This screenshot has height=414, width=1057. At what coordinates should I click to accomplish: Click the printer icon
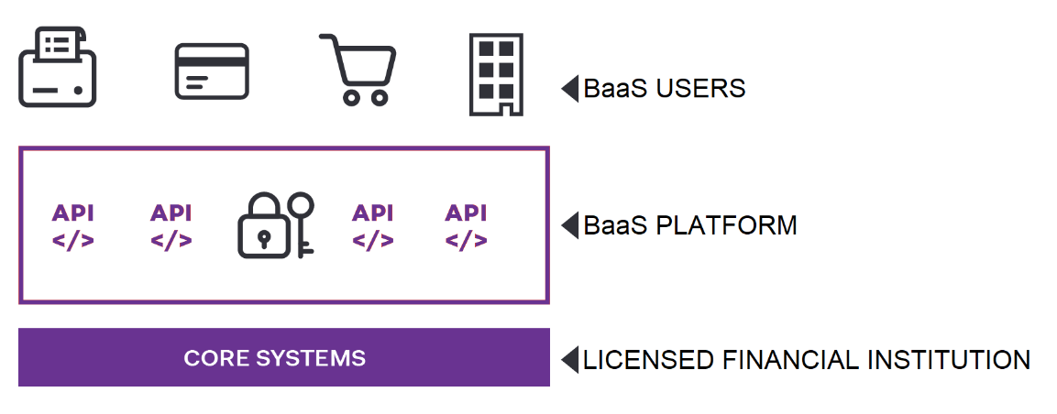pyautogui.click(x=58, y=67)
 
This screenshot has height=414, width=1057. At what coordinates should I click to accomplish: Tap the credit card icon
pyautogui.click(x=212, y=71)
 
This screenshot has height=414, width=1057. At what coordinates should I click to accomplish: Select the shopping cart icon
pyautogui.click(x=358, y=70)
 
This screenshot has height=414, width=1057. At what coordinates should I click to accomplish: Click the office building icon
pyautogui.click(x=496, y=75)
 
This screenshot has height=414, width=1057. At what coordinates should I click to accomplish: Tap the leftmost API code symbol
pyautogui.click(x=72, y=227)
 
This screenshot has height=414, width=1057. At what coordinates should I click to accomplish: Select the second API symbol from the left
pyautogui.click(x=171, y=227)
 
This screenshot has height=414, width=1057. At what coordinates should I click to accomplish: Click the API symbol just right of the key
pyautogui.click(x=373, y=227)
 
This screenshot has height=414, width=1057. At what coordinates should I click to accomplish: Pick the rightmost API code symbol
pyautogui.click(x=466, y=227)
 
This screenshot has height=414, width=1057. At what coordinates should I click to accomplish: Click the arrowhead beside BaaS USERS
pyautogui.click(x=570, y=89)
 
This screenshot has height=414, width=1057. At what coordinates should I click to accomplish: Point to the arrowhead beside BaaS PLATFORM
pyautogui.click(x=570, y=224)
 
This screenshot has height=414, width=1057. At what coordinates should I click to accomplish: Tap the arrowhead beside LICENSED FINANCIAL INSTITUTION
pyautogui.click(x=570, y=359)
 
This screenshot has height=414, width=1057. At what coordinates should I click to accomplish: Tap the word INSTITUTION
pyautogui.click(x=949, y=359)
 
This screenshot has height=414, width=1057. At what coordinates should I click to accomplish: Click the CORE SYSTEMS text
pyautogui.click(x=275, y=358)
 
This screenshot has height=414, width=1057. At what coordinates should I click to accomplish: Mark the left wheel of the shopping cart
pyautogui.click(x=350, y=98)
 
